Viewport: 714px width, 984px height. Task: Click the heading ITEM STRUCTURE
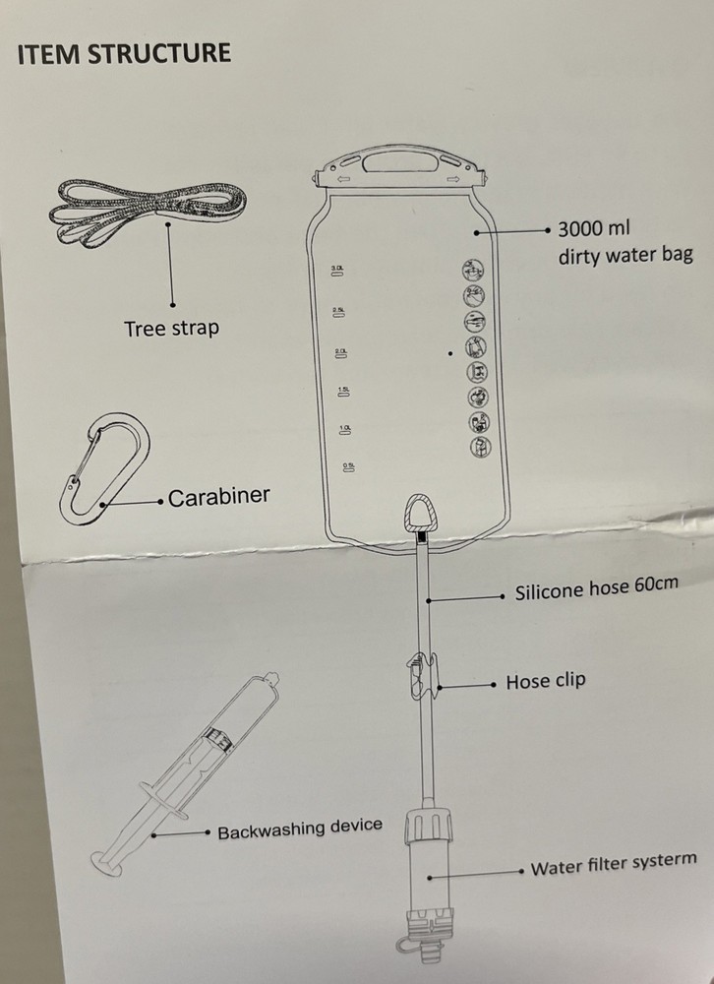click(125, 53)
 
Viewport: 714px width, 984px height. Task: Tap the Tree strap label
click(171, 329)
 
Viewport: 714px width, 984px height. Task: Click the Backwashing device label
click(299, 829)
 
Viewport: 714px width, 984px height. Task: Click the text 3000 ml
click(593, 229)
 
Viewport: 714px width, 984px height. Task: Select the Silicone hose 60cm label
click(596, 590)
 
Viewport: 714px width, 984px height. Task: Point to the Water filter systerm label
click(613, 865)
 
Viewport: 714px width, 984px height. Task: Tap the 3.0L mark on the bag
click(337, 269)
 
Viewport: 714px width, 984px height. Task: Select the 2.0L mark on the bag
click(341, 352)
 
